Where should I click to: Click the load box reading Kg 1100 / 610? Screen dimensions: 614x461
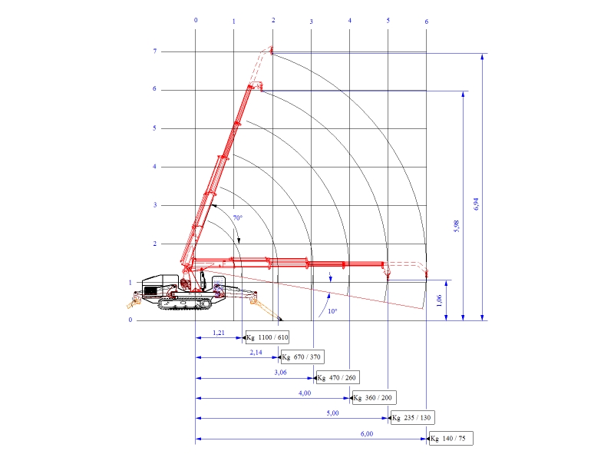coord(267,337)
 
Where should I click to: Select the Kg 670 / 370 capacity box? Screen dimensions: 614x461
coord(302,357)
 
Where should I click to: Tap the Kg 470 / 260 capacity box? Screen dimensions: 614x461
coord(338,377)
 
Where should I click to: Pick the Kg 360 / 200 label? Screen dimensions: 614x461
coord(375,397)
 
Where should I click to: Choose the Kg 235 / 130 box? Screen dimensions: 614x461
coord(413,417)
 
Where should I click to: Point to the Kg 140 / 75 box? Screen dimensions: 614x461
coord(451,438)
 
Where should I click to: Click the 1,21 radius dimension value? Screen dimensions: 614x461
coord(219,333)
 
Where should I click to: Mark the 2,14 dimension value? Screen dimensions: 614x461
coord(256,353)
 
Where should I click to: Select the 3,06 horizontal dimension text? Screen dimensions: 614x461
coord(280,373)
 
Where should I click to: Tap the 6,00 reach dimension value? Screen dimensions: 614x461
coord(367,433)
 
